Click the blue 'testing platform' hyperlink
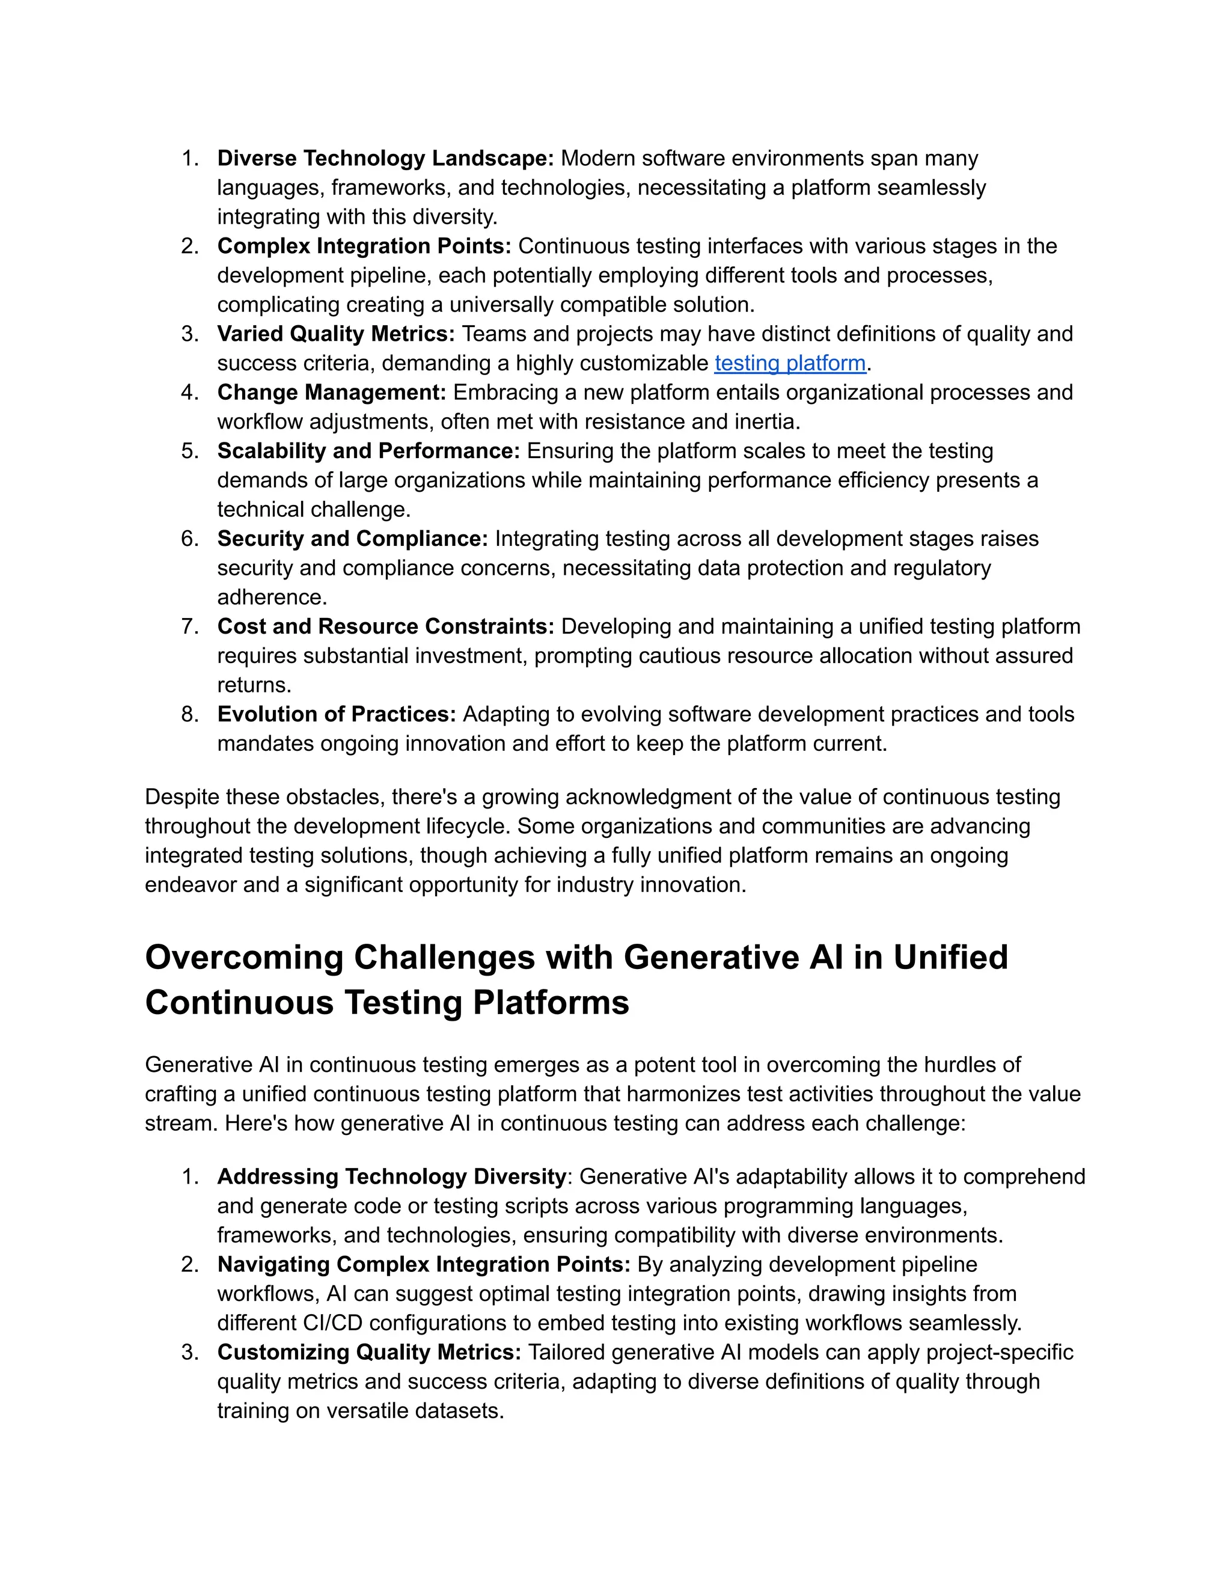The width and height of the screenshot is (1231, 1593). click(x=790, y=363)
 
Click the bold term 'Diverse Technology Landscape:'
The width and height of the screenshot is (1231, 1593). click(x=385, y=158)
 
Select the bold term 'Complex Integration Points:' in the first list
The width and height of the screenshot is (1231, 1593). click(x=364, y=246)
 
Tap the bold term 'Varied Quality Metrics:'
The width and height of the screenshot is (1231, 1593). click(x=335, y=334)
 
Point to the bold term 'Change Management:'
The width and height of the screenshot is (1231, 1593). click(x=331, y=393)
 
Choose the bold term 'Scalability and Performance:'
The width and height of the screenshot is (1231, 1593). click(x=368, y=451)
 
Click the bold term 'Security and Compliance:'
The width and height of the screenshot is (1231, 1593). click(x=352, y=538)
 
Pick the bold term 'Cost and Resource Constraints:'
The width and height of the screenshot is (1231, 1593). click(x=385, y=626)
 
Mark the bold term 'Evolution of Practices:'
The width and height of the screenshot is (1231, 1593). click(x=336, y=714)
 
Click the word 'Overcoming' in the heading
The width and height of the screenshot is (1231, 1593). click(x=243, y=957)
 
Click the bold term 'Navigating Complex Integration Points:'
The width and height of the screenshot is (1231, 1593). click(x=423, y=1264)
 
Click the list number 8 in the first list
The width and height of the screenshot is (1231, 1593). click(x=189, y=714)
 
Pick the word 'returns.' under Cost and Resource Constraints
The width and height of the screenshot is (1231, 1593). click(x=254, y=685)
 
